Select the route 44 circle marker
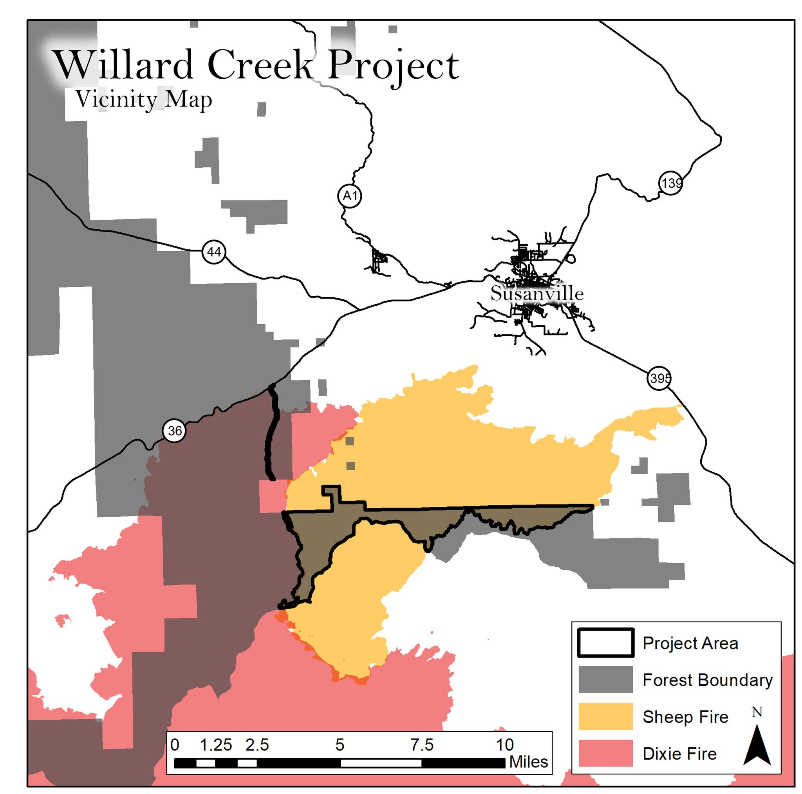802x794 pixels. point(214,252)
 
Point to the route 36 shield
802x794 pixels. point(174,431)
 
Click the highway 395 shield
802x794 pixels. point(659,378)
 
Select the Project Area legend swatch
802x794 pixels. point(606,643)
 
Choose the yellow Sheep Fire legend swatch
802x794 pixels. point(606,716)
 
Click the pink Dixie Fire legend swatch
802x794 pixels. point(606,753)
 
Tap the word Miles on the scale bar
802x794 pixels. point(528,762)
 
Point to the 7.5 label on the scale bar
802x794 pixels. point(422,745)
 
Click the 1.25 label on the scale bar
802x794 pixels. point(216,745)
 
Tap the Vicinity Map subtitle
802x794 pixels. point(144,100)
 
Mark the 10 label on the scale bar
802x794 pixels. point(505,745)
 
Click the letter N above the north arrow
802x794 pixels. point(757,712)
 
